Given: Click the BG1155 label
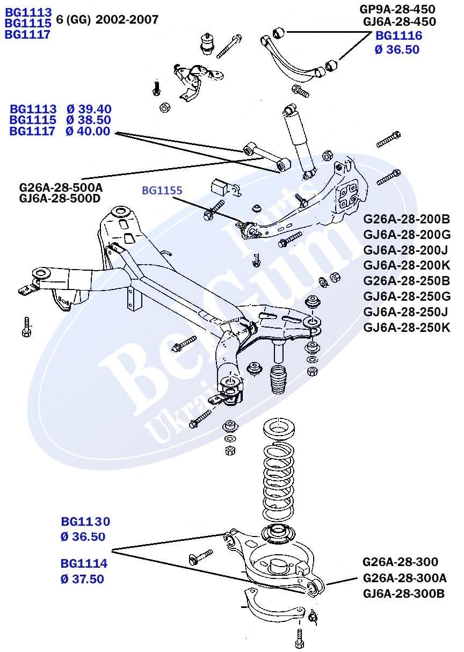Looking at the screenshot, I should pyautogui.click(x=162, y=190).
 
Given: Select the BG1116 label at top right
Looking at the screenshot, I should pyautogui.click(x=398, y=36).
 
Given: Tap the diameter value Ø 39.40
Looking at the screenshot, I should pyautogui.click(x=89, y=109).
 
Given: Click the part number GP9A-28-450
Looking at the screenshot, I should pyautogui.click(x=397, y=9).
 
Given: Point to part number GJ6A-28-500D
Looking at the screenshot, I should pyautogui.click(x=61, y=199).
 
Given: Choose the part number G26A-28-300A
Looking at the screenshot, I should pyautogui.click(x=404, y=578).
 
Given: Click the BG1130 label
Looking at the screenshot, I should pyautogui.click(x=85, y=521).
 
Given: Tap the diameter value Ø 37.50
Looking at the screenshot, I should pyautogui.click(x=82, y=579).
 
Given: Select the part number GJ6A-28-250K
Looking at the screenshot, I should pyautogui.click(x=407, y=327).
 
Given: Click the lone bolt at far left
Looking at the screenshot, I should pyautogui.click(x=27, y=327).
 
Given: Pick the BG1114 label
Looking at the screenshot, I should pyautogui.click(x=84, y=564).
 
